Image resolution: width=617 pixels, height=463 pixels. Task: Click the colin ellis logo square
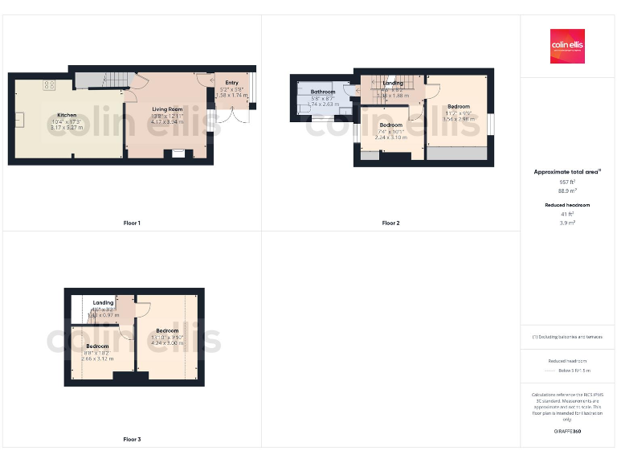566,46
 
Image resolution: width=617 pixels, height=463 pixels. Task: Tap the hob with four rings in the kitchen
48,84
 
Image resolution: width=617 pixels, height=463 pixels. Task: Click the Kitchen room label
67,115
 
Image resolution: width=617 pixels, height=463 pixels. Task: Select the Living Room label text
167,109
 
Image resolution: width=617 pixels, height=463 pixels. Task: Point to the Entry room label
231,83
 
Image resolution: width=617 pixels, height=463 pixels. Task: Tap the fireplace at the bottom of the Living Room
178,152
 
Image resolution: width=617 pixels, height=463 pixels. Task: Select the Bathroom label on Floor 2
323,92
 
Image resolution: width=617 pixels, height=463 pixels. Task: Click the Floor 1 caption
132,223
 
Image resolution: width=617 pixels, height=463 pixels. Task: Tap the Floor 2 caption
390,223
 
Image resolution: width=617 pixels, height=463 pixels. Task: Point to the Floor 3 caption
132,440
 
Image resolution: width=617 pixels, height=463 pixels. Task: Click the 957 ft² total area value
568,182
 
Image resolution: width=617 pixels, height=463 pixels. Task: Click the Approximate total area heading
567,172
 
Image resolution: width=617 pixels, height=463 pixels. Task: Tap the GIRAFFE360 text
568,432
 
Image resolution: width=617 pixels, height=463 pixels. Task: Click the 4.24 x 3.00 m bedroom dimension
167,342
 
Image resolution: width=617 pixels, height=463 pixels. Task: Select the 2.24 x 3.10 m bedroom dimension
391,137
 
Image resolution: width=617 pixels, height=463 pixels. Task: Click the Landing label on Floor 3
103,303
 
